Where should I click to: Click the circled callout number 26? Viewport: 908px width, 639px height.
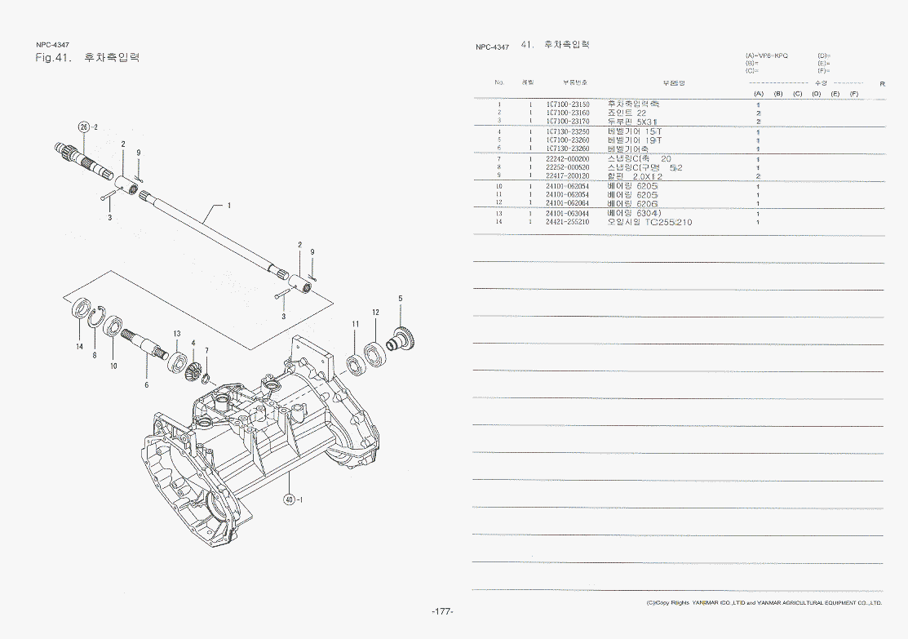tap(82, 126)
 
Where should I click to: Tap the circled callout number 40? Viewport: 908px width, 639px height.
tap(289, 499)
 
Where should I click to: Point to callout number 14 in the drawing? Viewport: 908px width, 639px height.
tap(80, 347)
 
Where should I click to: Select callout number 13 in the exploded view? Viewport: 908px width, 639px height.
tap(176, 334)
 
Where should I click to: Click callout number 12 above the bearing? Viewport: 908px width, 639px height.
tap(375, 313)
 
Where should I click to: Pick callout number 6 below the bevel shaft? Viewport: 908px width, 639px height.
tap(147, 385)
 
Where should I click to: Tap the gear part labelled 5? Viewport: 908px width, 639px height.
tap(401, 337)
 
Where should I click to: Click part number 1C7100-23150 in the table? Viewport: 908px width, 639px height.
tap(568, 104)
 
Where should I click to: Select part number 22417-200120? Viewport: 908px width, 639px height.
tap(568, 176)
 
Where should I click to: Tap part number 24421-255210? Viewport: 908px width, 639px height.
tap(568, 222)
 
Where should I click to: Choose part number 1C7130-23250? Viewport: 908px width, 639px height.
tap(568, 131)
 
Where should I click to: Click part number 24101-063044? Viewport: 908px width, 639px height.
tap(568, 213)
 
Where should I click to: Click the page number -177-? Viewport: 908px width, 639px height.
tap(443, 612)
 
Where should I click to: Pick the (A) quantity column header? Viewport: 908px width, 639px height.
tap(758, 94)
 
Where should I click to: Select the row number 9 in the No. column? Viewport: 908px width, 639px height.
tap(499, 176)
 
